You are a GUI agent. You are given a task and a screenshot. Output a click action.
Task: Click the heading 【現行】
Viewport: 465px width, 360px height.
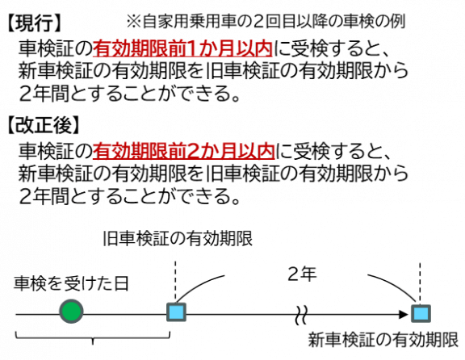(x=34, y=23)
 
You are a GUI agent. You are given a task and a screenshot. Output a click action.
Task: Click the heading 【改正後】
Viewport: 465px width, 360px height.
(x=44, y=125)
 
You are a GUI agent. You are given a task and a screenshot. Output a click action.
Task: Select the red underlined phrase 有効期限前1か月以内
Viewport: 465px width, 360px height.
(x=182, y=48)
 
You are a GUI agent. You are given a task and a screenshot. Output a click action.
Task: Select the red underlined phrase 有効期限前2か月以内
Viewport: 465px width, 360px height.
(x=184, y=151)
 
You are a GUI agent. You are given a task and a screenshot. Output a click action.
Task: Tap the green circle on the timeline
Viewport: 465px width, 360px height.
(x=71, y=312)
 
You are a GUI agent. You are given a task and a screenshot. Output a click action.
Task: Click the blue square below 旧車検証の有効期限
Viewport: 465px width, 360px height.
(x=176, y=312)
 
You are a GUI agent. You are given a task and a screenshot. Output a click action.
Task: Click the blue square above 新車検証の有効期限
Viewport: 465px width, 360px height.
(x=421, y=313)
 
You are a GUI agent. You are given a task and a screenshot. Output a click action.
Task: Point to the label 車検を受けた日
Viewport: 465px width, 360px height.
(x=71, y=283)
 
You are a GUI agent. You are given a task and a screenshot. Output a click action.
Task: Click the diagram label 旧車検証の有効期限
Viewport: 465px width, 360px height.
(x=178, y=238)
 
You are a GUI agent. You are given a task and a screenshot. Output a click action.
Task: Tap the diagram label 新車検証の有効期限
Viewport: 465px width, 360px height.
(x=383, y=340)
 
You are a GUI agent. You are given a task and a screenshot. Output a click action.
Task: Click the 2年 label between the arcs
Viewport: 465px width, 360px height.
(x=302, y=274)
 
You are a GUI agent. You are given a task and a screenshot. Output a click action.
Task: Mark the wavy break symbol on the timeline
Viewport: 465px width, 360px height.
(x=301, y=315)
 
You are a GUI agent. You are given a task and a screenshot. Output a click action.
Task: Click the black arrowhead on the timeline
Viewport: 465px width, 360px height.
(x=404, y=314)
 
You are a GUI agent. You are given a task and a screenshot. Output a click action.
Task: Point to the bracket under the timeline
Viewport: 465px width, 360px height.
(x=93, y=337)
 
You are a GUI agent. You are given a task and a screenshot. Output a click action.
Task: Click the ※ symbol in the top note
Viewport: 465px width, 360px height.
(x=134, y=22)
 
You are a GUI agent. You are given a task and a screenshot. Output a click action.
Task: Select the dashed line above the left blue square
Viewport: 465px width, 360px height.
(x=175, y=282)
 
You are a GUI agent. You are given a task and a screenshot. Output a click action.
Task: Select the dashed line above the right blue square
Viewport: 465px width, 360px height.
(x=420, y=283)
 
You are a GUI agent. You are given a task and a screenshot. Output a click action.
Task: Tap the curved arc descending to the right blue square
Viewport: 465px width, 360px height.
(x=396, y=284)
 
